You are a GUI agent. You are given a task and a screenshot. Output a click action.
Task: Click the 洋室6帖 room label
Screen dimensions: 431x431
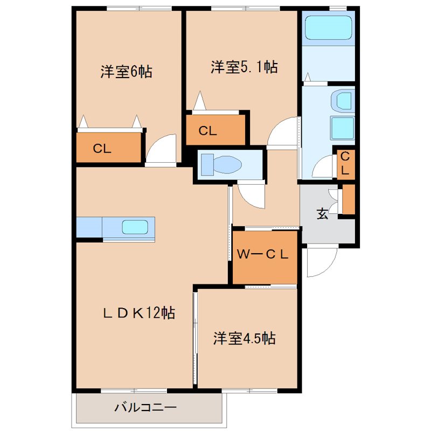(x=126, y=72)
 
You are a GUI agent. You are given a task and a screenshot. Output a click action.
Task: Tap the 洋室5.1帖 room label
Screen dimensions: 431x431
(x=244, y=67)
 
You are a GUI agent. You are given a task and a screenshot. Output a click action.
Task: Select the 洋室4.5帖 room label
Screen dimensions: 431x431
(x=245, y=338)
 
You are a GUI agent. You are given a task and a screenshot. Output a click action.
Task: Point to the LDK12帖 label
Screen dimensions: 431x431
(x=139, y=313)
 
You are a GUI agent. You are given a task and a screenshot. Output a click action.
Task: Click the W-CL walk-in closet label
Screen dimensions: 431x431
(x=263, y=255)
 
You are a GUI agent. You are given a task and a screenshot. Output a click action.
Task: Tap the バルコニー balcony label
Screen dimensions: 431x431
(x=145, y=407)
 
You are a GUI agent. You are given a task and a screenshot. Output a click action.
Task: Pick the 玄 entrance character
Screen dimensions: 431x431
(x=322, y=214)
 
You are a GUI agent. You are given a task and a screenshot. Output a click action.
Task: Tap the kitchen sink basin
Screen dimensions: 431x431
(x=133, y=227)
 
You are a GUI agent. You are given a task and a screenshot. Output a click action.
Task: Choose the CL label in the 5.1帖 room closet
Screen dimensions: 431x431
(x=207, y=131)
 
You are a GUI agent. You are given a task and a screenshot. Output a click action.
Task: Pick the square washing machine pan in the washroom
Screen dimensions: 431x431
(x=342, y=128)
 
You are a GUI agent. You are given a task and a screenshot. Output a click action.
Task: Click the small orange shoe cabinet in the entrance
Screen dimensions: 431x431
(x=349, y=199)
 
